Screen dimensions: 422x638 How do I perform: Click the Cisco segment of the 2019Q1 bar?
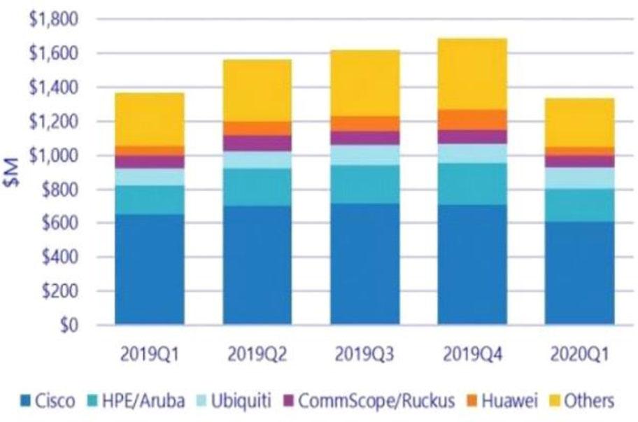click(150, 269)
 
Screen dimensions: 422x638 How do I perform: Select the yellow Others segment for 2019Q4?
click(472, 74)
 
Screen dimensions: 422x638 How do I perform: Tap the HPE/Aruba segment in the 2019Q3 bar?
click(364, 184)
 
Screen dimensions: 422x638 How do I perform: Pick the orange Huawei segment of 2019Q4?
click(472, 120)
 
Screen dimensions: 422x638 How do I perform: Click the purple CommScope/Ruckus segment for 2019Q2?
click(257, 143)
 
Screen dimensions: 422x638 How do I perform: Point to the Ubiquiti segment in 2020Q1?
click(580, 178)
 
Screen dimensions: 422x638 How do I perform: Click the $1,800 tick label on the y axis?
click(52, 20)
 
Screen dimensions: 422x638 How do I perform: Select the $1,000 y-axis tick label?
click(52, 155)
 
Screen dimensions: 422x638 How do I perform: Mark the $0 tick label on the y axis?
click(67, 325)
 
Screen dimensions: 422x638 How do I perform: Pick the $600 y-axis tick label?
click(58, 223)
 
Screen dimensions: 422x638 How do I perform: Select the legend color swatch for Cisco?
click(26, 402)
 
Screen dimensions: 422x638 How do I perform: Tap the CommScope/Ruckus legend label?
click(377, 401)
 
